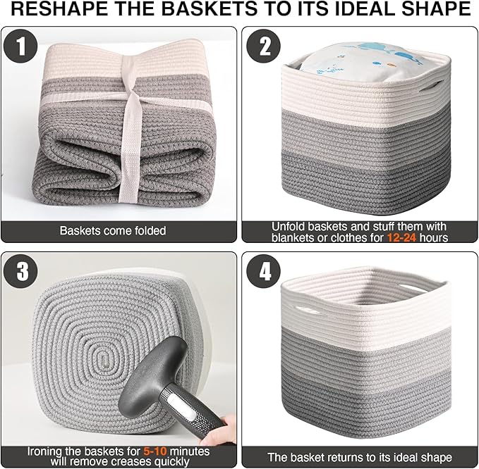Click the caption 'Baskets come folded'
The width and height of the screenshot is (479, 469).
113,230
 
